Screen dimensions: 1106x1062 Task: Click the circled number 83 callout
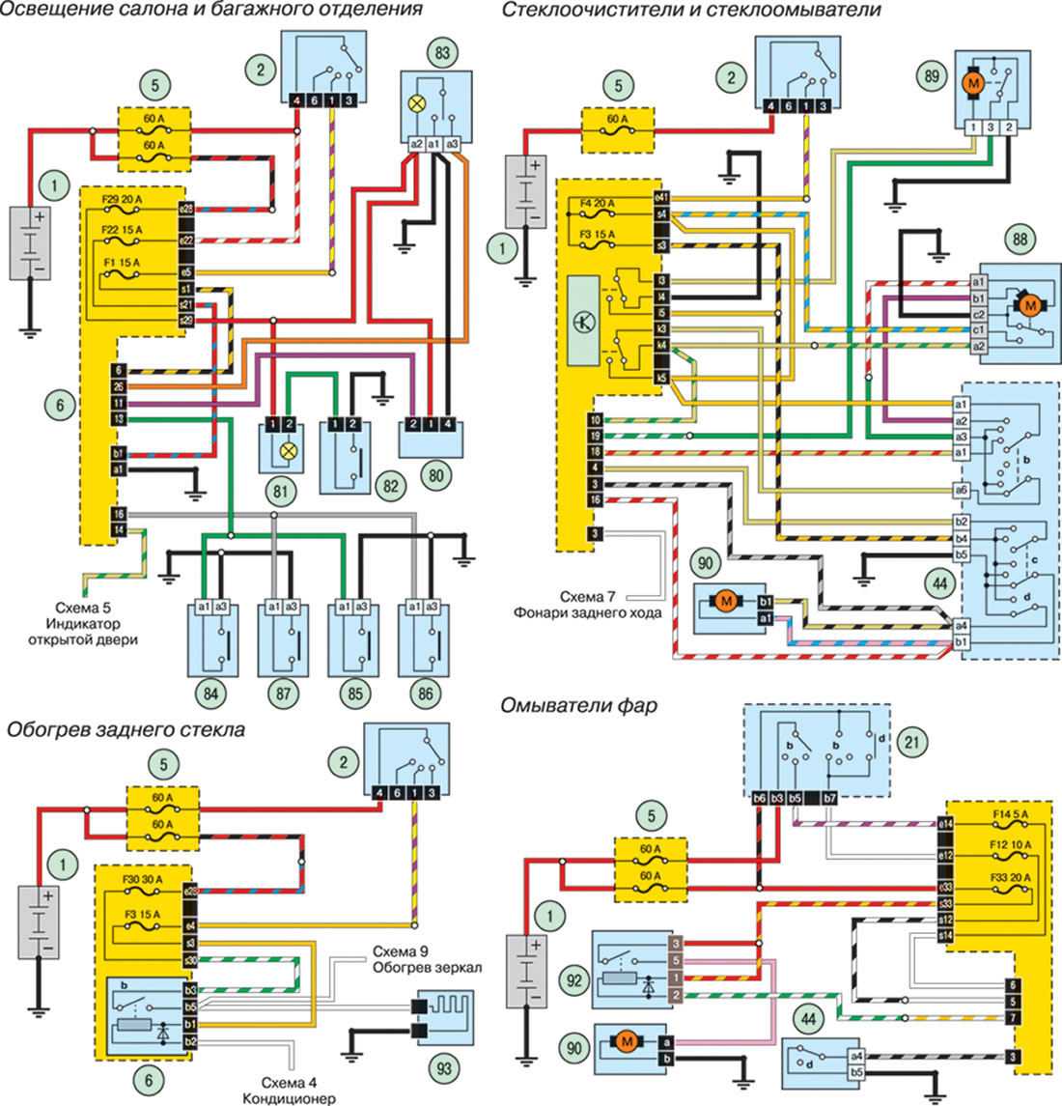point(441,54)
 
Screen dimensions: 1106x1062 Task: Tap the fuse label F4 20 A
point(600,203)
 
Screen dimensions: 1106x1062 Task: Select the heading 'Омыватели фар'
point(579,706)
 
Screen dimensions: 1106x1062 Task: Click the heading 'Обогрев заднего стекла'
point(126,729)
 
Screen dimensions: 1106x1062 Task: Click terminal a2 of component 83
point(416,145)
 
